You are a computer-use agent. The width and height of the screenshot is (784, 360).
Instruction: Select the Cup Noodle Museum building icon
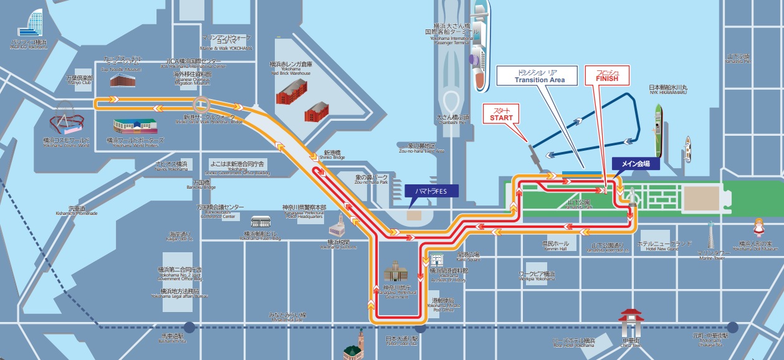[123, 79]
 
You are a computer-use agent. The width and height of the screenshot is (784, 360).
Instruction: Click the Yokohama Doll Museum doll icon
[759, 227]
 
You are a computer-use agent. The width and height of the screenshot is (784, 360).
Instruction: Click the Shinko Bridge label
[335, 154]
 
